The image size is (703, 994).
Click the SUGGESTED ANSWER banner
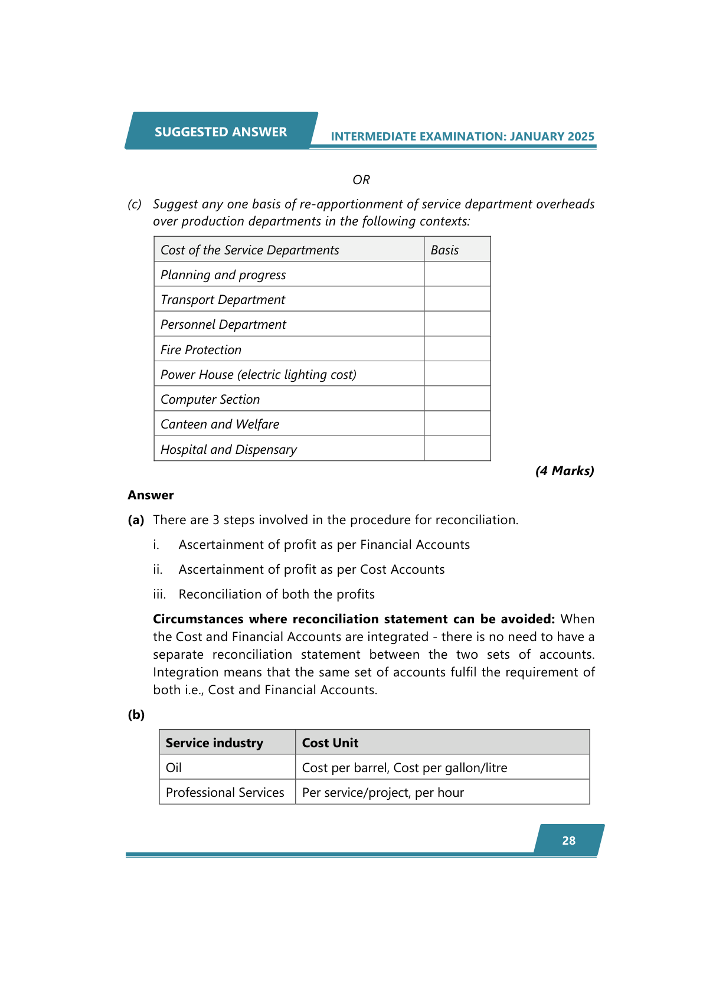click(221, 132)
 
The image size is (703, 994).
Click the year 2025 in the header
click(581, 136)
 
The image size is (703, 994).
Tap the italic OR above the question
click(361, 179)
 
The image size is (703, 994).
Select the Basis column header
click(444, 250)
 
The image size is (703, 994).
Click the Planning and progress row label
click(223, 274)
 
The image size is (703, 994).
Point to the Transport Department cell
click(223, 299)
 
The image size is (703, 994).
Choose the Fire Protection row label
click(201, 349)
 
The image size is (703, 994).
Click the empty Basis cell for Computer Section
click(457, 399)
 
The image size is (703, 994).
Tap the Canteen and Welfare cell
click(220, 424)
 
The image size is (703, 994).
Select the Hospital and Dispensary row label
click(228, 449)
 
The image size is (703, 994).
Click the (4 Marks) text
click(564, 470)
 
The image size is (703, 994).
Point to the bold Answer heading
click(151, 495)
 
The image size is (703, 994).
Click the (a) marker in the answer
click(136, 519)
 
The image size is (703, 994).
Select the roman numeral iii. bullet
click(159, 594)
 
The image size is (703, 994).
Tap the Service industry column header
click(214, 743)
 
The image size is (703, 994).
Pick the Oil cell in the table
click(174, 767)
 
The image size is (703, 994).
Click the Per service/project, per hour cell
click(383, 792)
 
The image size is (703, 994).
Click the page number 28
click(568, 841)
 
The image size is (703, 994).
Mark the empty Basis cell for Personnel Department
click(457, 324)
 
